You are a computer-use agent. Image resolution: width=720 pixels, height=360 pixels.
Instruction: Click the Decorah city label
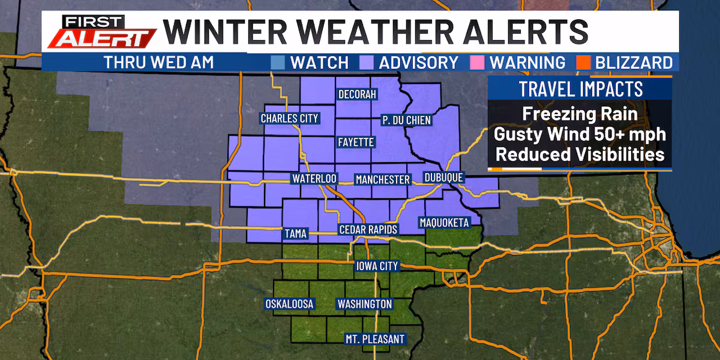pos(357,95)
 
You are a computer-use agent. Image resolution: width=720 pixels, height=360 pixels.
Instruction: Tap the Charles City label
pos(289,118)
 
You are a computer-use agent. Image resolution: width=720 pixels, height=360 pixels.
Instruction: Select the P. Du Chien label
pos(407,121)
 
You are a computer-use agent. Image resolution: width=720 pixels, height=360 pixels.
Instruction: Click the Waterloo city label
pos(314,179)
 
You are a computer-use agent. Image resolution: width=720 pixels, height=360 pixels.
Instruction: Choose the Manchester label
pos(382,179)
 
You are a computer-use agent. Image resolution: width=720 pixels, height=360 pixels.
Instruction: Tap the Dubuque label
pos(443,178)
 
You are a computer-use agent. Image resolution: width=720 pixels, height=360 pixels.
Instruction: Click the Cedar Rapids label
pos(368,230)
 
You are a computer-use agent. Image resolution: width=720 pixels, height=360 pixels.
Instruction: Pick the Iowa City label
pos(377,266)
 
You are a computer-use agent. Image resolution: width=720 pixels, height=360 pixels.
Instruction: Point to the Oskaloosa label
pos(289,304)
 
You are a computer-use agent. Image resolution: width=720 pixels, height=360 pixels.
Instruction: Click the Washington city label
pos(364,304)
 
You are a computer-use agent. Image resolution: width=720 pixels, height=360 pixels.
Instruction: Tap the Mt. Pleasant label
pos(374,338)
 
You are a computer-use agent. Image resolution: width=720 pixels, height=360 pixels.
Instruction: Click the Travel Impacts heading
pos(580,89)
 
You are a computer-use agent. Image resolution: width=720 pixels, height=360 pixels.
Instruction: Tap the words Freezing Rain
pos(579,114)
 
